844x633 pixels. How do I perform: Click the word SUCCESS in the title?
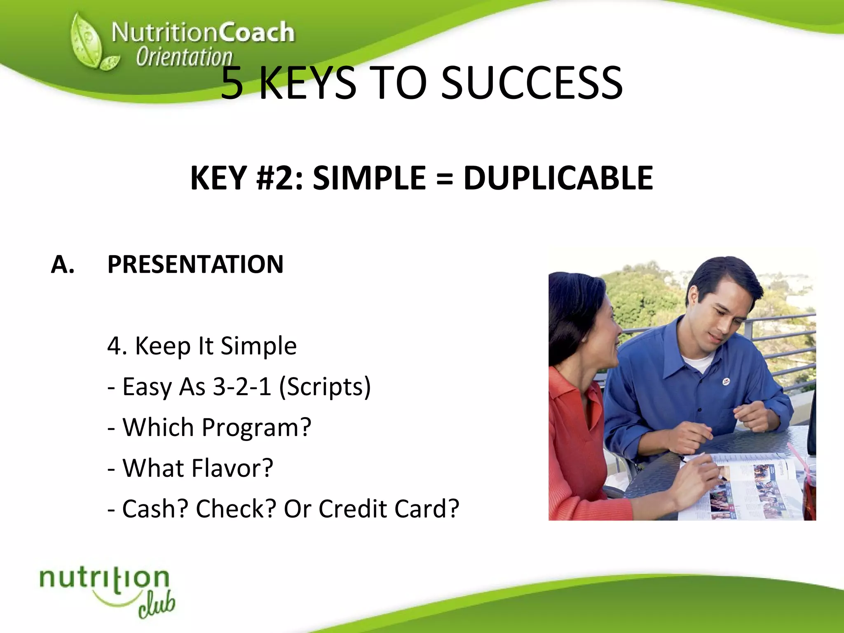[532, 83]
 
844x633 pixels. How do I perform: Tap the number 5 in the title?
[232, 83]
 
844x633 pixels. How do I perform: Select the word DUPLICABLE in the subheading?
[558, 178]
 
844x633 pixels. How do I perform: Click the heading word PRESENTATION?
[195, 264]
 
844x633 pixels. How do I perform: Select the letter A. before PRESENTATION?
[63, 264]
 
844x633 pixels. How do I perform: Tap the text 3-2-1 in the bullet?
[242, 387]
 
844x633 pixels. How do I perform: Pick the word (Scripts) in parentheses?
[325, 387]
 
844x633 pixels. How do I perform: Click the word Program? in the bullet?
[256, 427]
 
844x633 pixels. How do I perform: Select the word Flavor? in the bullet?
[232, 468]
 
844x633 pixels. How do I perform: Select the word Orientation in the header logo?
[184, 57]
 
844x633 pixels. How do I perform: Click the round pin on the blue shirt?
[726, 382]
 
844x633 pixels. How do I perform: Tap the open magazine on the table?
[742, 488]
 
